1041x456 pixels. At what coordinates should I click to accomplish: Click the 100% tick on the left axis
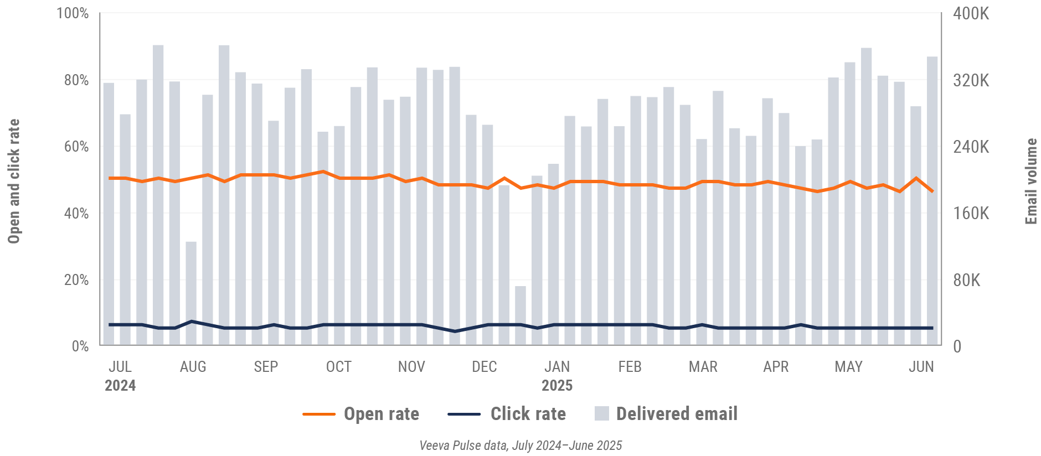73,13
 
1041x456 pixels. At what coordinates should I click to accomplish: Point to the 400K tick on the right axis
971,13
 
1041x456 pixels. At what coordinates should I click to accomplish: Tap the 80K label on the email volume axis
966,280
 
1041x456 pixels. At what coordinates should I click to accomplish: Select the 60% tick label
76,147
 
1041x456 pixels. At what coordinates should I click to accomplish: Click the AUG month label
193,367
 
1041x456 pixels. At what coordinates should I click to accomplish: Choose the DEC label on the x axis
484,367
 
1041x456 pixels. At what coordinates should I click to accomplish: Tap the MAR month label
703,367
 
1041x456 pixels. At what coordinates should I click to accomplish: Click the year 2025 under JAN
556,386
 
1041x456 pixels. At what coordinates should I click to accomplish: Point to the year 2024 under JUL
120,386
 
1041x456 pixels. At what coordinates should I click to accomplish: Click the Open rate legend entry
381,414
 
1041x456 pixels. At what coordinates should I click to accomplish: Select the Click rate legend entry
528,414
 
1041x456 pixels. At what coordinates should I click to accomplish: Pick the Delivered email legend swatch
601,413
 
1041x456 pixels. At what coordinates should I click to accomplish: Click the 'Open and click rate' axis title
14,181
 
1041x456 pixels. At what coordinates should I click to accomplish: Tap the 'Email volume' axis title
1030,181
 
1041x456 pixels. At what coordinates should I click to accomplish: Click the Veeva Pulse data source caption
520,445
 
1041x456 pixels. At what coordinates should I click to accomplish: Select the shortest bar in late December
520,315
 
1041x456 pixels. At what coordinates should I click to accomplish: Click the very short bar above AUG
191,293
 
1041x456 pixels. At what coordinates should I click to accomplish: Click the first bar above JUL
109,214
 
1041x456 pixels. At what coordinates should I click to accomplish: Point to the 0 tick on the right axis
957,346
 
